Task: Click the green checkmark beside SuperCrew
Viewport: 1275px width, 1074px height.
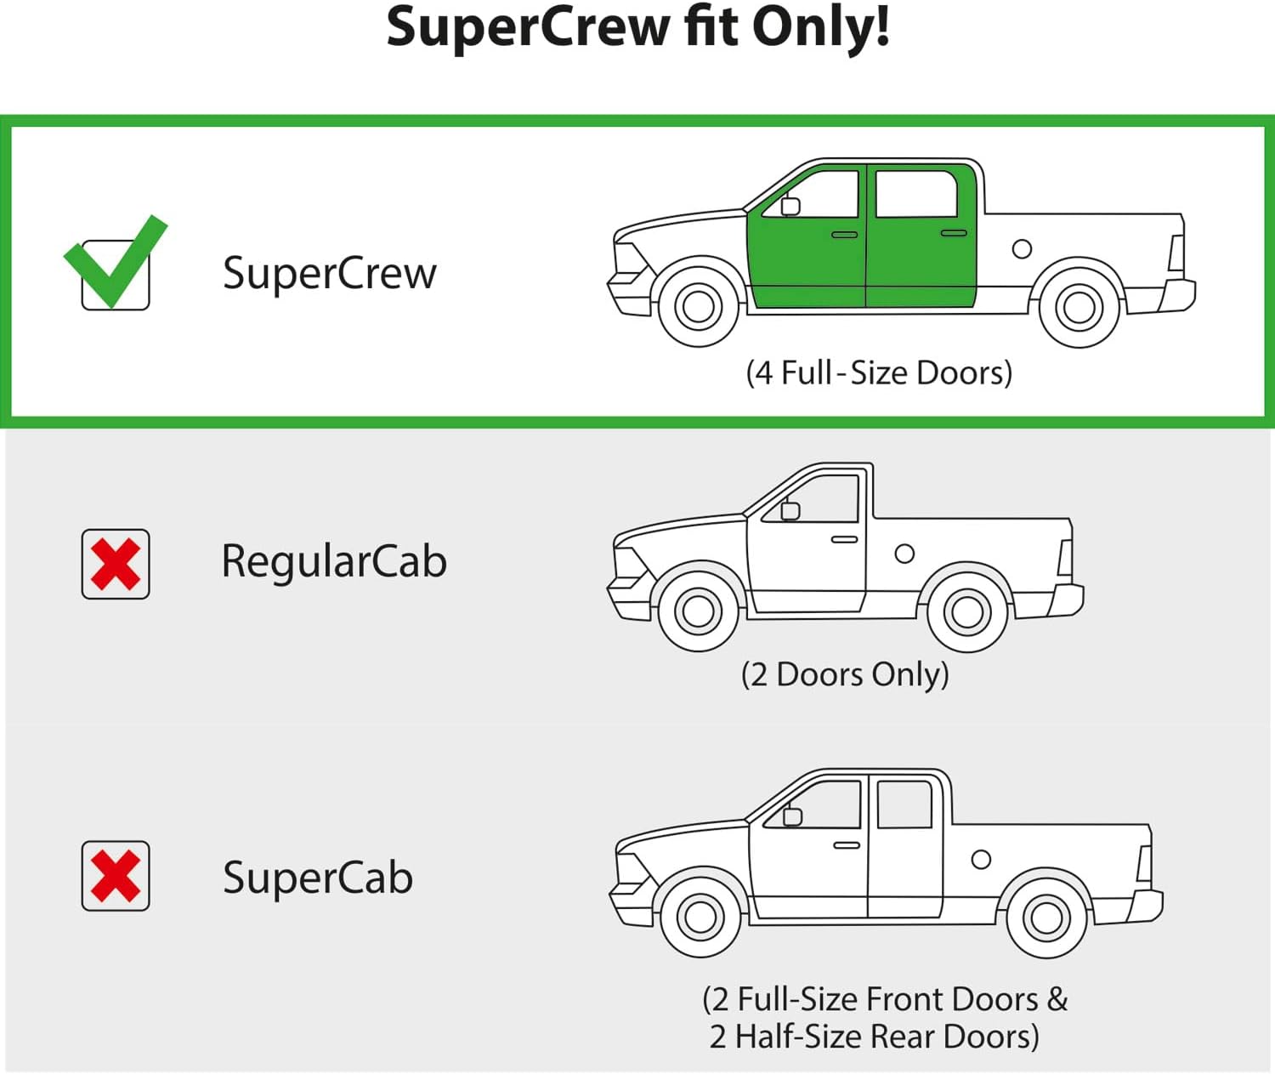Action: point(115,264)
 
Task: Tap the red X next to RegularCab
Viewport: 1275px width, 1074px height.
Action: point(116,565)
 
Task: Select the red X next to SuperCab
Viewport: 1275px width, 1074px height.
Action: point(116,876)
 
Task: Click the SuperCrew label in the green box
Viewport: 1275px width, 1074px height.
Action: point(329,274)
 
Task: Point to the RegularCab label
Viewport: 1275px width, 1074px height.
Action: point(333,561)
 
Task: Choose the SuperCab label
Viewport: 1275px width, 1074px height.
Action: point(318,878)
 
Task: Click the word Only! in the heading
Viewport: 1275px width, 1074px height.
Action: point(821,27)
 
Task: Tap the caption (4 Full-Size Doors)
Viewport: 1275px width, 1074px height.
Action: point(879,372)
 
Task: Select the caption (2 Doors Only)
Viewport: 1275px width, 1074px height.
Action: point(845,674)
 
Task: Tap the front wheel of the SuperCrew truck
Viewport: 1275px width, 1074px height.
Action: point(699,306)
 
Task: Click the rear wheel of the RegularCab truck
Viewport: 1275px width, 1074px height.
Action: point(967,611)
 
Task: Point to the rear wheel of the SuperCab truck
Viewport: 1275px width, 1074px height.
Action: point(1046,917)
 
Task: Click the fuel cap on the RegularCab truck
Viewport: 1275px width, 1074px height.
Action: point(904,554)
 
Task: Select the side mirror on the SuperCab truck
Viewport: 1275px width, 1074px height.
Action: point(792,816)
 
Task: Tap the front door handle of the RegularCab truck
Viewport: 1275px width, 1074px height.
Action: point(844,539)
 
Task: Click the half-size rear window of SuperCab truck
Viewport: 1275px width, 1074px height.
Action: point(904,804)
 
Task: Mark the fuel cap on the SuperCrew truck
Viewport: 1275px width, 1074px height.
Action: point(1022,249)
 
